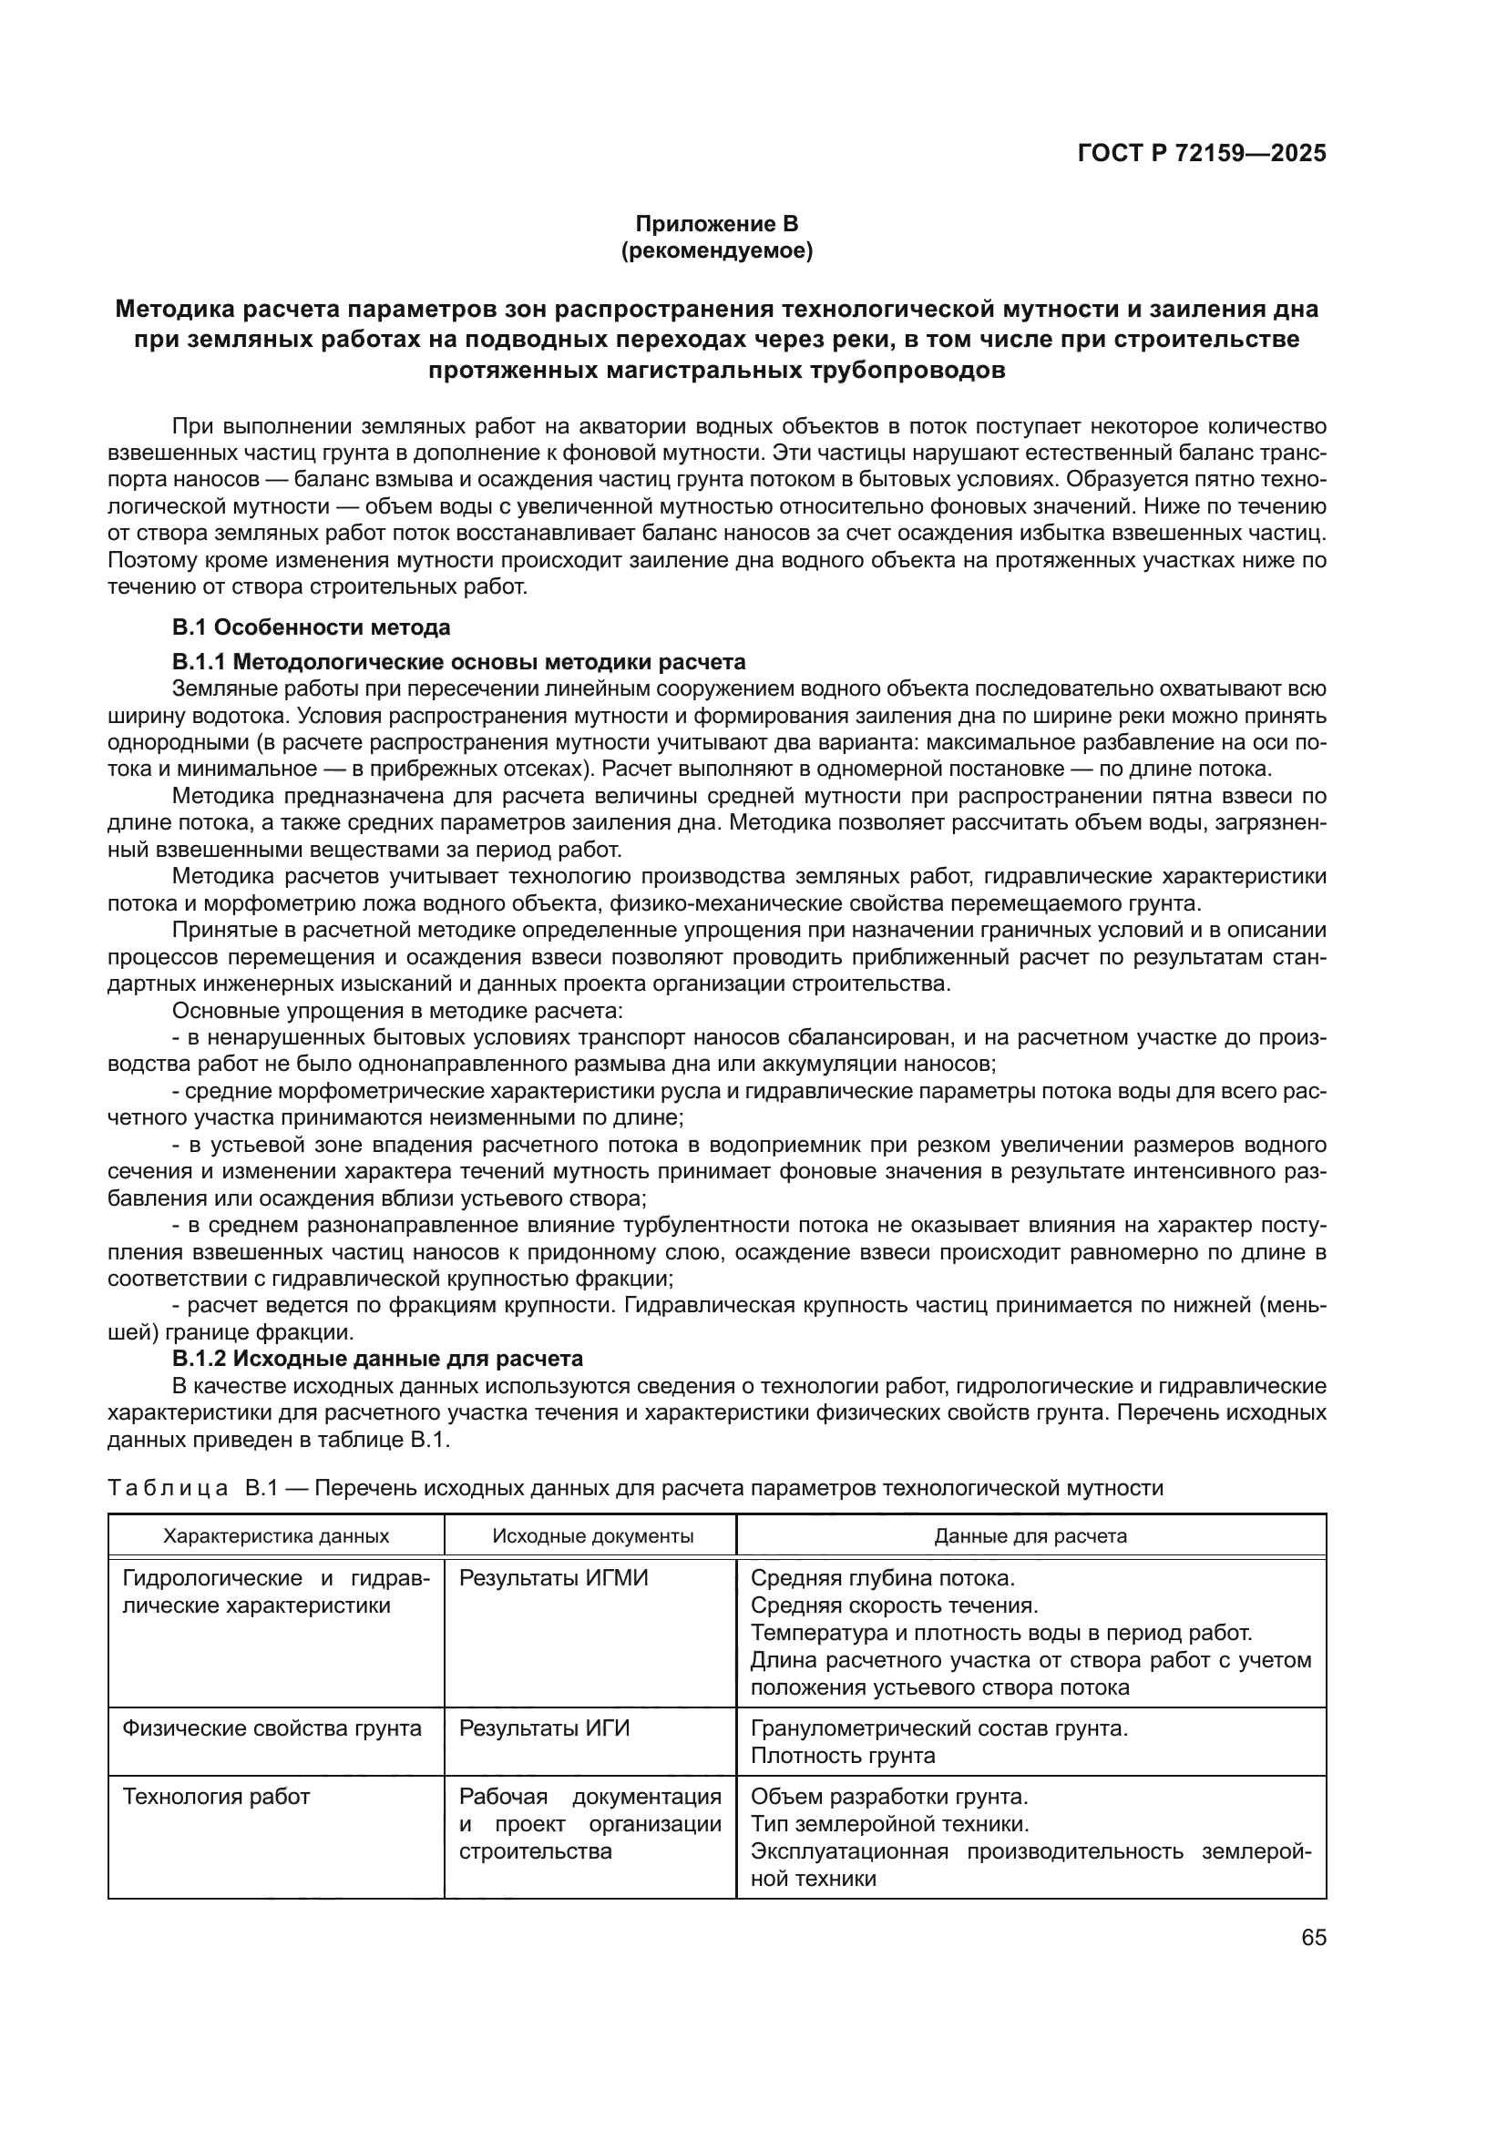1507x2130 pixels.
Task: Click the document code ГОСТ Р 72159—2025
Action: (x=1202, y=154)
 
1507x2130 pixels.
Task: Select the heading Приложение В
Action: (x=715, y=224)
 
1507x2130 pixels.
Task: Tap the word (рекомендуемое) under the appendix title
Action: (x=715, y=250)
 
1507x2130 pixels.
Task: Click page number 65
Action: (x=1313, y=1937)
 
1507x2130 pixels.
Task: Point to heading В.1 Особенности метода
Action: (x=311, y=627)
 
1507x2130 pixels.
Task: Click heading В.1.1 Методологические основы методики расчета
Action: (x=458, y=661)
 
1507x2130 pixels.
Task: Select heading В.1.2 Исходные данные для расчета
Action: (x=378, y=1358)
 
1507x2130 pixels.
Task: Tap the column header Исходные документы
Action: (x=592, y=1535)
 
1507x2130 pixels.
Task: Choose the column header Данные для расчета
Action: (x=1030, y=1535)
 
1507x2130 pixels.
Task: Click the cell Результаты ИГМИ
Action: (x=553, y=1578)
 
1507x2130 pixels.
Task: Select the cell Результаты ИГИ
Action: (x=544, y=1728)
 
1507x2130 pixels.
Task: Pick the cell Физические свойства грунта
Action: (x=272, y=1728)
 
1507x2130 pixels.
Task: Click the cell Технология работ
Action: (x=216, y=1797)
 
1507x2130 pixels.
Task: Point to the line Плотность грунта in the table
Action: (x=842, y=1755)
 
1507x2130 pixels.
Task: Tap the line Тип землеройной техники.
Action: (x=889, y=1824)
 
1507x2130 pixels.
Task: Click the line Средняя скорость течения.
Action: (x=894, y=1605)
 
